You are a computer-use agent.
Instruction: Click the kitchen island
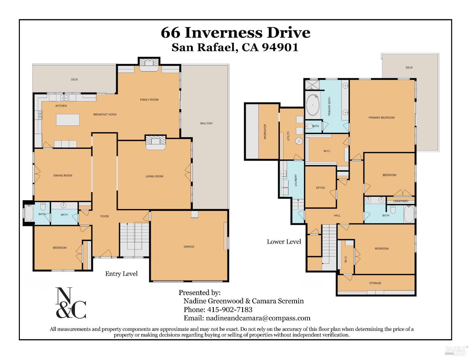pos(68,120)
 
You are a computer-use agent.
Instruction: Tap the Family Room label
pos(149,100)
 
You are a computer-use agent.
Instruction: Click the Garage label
pos(189,247)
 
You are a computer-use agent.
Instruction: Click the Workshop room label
pos(265,132)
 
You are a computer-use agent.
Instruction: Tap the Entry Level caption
pos(121,274)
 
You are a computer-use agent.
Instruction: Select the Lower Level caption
pos(284,242)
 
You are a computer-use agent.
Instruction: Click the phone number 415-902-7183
pos(230,310)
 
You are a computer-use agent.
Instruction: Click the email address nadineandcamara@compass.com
pos(258,318)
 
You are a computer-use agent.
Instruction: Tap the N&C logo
pos(71,303)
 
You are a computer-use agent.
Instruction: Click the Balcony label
pos(206,123)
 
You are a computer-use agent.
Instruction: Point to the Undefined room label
pos(401,201)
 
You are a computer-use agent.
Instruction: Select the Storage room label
pos(375,283)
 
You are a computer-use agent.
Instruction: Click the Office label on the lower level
pos(320,188)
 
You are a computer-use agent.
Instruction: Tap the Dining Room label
pos(63,175)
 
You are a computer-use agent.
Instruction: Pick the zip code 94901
pos(280,47)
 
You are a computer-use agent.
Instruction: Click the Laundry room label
pos(295,180)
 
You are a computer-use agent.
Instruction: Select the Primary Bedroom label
pos(382,118)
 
